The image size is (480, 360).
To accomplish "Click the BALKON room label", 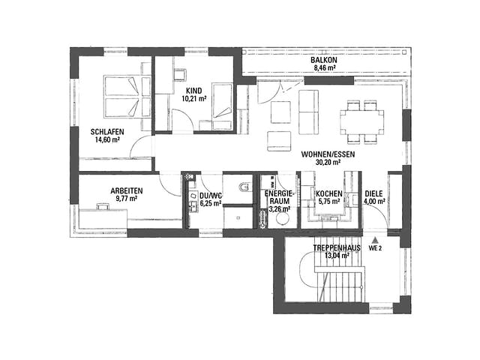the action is [323, 60].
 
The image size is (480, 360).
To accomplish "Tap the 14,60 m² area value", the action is [106, 140].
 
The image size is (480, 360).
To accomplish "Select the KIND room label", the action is [194, 91].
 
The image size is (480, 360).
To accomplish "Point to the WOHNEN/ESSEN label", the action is [328, 154].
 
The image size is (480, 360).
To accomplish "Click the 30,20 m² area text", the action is [328, 162].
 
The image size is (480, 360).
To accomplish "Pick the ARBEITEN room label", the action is [127, 191].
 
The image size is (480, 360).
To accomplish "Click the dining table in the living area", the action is [361, 121].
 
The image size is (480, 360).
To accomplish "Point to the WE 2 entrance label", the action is [375, 248].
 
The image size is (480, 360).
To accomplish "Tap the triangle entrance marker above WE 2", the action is [374, 241].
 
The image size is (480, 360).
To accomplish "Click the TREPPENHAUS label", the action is [337, 248].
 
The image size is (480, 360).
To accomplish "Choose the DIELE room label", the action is [373, 193].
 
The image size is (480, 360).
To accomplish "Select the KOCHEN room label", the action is [329, 193].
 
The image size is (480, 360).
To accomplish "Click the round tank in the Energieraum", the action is [282, 219].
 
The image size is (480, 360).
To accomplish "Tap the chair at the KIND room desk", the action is [180, 75].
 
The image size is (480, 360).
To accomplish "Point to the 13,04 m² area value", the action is [337, 256].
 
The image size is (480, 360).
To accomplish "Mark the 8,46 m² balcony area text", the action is [324, 68].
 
